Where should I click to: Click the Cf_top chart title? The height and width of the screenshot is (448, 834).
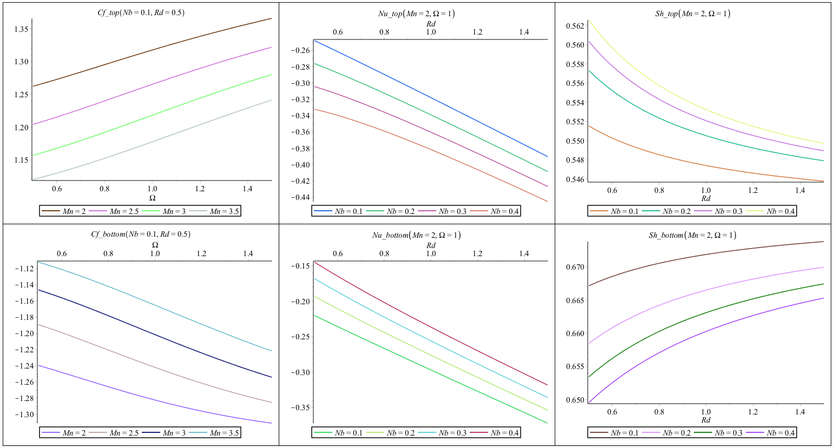pos(137,12)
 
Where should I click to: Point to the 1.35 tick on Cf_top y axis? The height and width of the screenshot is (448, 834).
pos(21,29)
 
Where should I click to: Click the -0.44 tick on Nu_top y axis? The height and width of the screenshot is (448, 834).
pos(297,197)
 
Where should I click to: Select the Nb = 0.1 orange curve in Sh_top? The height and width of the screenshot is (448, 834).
pos(704,164)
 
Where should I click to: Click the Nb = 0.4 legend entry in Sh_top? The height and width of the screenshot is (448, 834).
pos(780,211)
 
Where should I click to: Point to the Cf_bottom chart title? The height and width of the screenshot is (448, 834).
pos(140,235)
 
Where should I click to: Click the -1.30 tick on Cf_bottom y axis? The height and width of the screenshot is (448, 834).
pos(24,414)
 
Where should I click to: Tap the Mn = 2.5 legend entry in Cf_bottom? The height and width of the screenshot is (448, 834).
pos(124,433)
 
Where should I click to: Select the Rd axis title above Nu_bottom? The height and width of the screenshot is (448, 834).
pos(431,245)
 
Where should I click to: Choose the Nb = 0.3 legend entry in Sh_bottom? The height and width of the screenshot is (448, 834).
pos(728,433)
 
